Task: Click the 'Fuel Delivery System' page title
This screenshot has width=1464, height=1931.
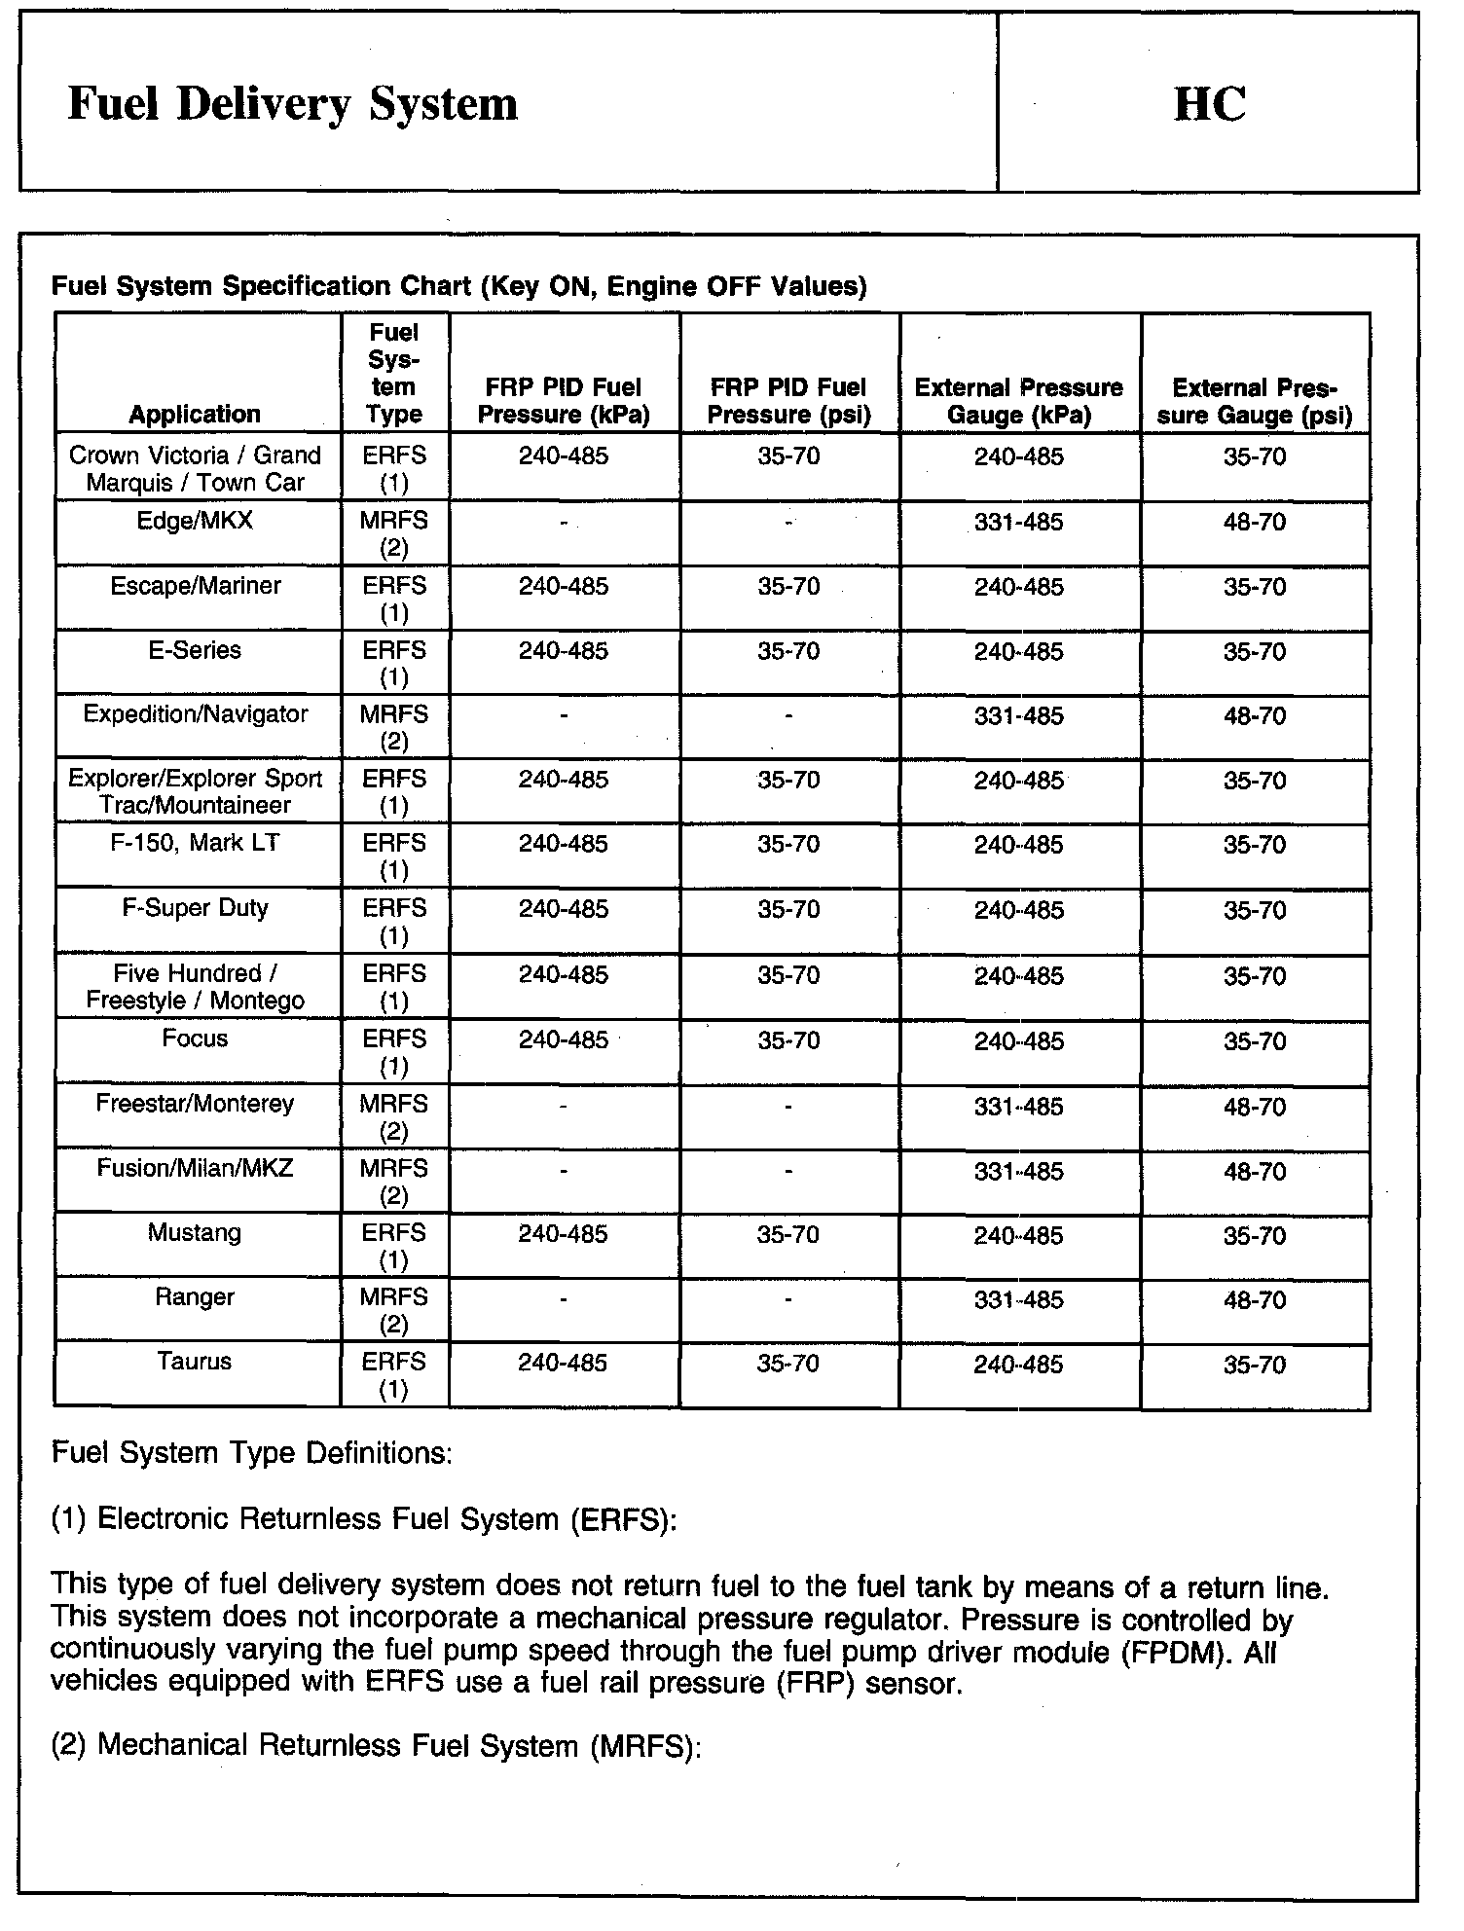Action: point(292,104)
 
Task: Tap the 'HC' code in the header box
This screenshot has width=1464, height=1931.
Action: point(1209,104)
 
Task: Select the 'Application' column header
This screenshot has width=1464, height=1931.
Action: point(195,414)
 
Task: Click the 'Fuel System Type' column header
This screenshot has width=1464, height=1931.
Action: point(394,374)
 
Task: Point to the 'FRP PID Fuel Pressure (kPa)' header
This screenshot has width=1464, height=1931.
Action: point(564,401)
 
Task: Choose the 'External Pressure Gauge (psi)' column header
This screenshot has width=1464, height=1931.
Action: point(1255,401)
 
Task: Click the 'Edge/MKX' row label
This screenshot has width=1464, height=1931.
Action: point(195,521)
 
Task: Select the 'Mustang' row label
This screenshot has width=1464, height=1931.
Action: point(195,1233)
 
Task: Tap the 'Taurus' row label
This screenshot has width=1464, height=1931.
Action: point(195,1362)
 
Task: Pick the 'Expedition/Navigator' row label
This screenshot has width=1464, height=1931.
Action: point(196,714)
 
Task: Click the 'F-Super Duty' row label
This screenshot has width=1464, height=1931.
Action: point(195,908)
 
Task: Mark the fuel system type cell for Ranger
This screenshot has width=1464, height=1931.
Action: point(394,1310)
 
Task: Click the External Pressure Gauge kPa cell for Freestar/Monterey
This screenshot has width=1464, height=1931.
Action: point(1019,1107)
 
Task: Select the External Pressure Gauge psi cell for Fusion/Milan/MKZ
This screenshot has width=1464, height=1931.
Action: point(1255,1172)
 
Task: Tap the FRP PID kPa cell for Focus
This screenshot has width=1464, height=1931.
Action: point(564,1040)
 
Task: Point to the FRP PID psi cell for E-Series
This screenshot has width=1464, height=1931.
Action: point(788,651)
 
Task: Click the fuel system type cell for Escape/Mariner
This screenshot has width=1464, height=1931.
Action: point(394,599)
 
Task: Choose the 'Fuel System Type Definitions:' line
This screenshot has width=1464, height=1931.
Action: point(251,1453)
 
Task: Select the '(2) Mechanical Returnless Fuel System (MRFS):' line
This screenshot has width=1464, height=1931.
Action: point(376,1745)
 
